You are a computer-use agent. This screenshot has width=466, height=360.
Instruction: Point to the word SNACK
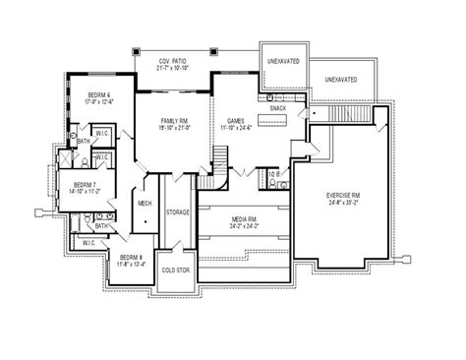point(278,108)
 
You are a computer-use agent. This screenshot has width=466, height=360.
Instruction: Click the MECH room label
point(144,205)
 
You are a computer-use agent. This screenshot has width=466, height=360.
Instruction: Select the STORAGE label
point(177,210)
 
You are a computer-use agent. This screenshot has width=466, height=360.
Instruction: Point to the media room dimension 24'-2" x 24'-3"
point(244,226)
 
